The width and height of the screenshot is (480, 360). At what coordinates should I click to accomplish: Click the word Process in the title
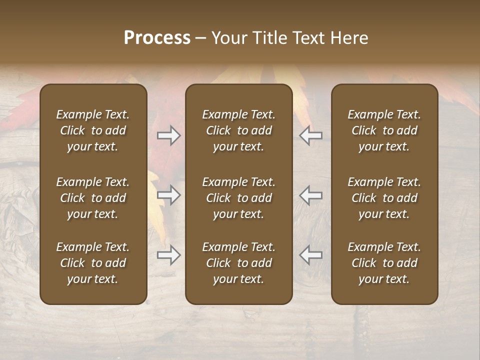[157, 38]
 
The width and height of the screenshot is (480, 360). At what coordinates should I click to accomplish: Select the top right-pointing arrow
[169, 135]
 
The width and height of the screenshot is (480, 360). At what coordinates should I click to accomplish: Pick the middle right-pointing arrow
[169, 195]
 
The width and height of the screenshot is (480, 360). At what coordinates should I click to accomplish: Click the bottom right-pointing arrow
[169, 255]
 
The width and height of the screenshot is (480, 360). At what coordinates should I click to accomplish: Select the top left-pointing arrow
[311, 135]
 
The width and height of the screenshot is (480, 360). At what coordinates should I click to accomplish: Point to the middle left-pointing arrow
[311, 195]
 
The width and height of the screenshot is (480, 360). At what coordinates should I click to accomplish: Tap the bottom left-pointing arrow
[311, 255]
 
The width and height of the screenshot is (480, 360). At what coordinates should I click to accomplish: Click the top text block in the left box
[93, 130]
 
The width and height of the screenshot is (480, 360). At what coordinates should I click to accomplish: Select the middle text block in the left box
[93, 198]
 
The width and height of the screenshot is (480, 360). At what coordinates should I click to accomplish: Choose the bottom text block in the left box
[93, 263]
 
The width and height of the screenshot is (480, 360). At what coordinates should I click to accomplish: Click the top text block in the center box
[238, 130]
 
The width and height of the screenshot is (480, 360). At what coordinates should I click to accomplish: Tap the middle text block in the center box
[238, 198]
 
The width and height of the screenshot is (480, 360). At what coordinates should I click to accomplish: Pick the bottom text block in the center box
[238, 263]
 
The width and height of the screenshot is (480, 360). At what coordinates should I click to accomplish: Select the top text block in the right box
[384, 130]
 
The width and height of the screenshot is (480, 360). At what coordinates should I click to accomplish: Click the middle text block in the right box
[384, 198]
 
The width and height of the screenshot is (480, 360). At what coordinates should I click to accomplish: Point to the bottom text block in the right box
[384, 263]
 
